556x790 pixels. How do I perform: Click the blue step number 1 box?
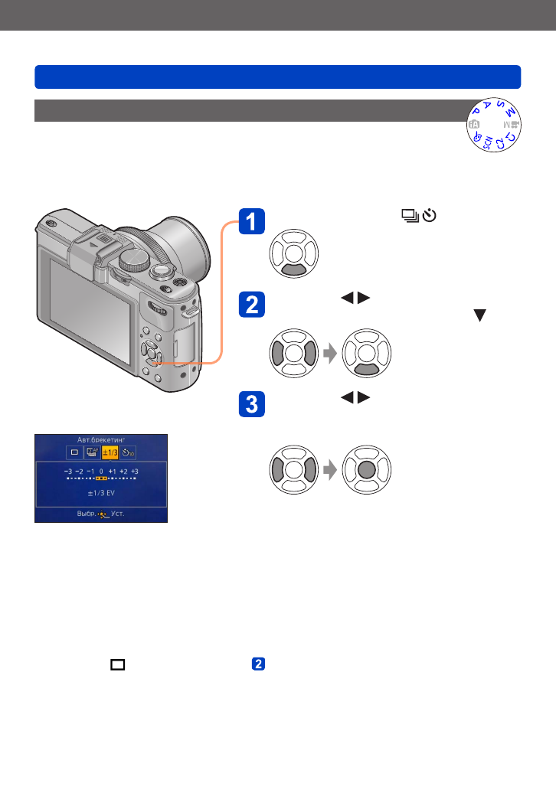(x=250, y=223)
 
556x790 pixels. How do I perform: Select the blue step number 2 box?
(x=250, y=306)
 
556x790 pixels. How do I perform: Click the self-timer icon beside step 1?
(x=429, y=217)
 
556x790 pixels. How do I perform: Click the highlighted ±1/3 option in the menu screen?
(x=110, y=452)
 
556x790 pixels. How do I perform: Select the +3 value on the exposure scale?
(x=135, y=472)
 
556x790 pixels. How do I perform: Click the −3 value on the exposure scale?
(x=68, y=472)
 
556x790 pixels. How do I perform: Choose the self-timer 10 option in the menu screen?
(x=128, y=452)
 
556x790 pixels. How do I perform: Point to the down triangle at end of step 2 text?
(x=482, y=315)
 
